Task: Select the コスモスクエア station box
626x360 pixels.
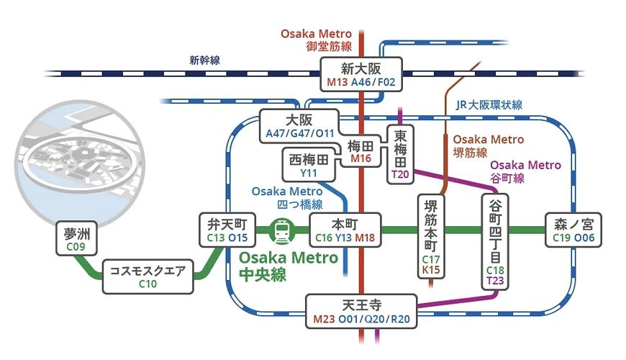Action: pos(148,276)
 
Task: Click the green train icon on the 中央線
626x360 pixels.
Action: pos(280,231)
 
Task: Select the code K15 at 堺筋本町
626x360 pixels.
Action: pos(432,270)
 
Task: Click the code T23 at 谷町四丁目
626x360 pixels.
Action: pos(495,280)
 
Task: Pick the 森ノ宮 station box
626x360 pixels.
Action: pos(573,230)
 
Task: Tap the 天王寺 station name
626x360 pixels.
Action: pos(360,303)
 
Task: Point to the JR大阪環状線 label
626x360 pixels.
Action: pos(489,105)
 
